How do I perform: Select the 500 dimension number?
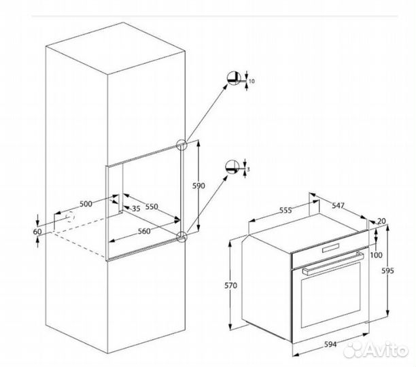point(86,203)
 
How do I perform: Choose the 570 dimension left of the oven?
point(231,286)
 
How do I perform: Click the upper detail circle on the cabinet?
point(181,145)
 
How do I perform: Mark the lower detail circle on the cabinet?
point(181,236)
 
